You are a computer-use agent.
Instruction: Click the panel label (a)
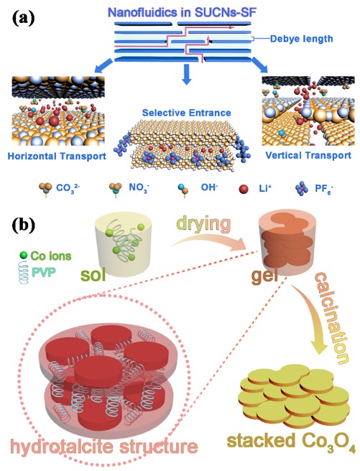click(24, 18)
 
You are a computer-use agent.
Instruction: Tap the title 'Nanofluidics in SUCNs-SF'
click(182, 12)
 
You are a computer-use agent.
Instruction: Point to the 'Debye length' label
click(301, 39)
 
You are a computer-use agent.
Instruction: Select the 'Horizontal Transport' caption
click(57, 157)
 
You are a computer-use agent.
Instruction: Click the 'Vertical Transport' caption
click(308, 155)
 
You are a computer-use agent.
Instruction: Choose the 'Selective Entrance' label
click(186, 113)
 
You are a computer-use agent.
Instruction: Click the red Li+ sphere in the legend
click(244, 190)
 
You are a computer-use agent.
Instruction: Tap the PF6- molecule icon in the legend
click(302, 189)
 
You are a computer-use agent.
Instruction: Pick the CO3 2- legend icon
click(45, 190)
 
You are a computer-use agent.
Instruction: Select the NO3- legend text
click(139, 188)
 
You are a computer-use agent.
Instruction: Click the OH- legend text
click(209, 187)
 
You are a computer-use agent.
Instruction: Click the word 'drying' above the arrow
click(204, 224)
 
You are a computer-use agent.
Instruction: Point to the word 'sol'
click(93, 274)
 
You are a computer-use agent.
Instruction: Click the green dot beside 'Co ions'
click(24, 256)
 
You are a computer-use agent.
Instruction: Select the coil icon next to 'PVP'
click(24, 272)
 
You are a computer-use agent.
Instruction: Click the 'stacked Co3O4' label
click(291, 442)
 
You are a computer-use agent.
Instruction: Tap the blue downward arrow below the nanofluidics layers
click(187, 74)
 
